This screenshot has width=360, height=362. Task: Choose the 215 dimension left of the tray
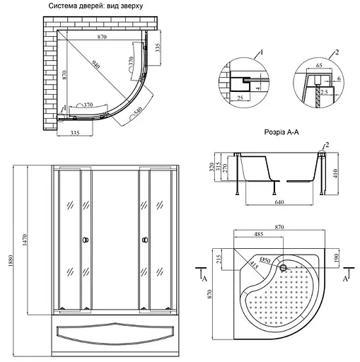(221, 259)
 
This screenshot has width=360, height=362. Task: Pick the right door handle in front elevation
(144, 240)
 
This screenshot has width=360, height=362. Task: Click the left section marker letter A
(204, 281)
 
